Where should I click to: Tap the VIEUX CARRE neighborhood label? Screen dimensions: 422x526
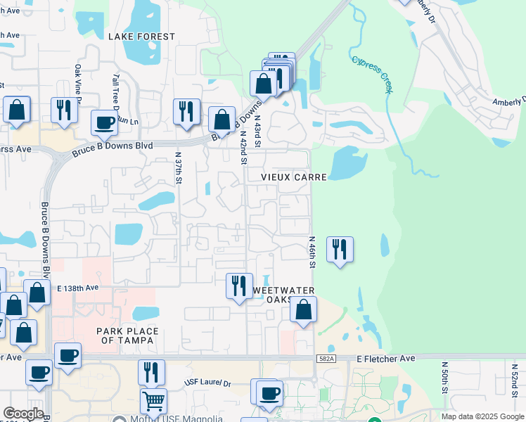click(294, 177)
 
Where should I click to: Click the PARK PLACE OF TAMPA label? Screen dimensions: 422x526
click(128, 336)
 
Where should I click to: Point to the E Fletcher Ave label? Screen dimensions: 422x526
click(386, 358)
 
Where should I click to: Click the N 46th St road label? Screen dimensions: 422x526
click(312, 252)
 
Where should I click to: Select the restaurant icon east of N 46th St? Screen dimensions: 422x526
click(340, 250)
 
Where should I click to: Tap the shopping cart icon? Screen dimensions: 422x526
click(153, 402)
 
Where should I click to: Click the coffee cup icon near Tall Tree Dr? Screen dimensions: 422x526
click(104, 123)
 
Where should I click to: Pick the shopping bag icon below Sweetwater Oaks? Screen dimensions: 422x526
click(303, 309)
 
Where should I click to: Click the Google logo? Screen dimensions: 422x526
click(23, 414)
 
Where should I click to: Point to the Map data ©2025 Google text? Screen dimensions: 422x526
click(482, 416)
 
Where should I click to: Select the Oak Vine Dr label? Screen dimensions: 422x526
click(79, 81)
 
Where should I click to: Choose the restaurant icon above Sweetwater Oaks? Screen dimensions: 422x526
click(239, 286)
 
